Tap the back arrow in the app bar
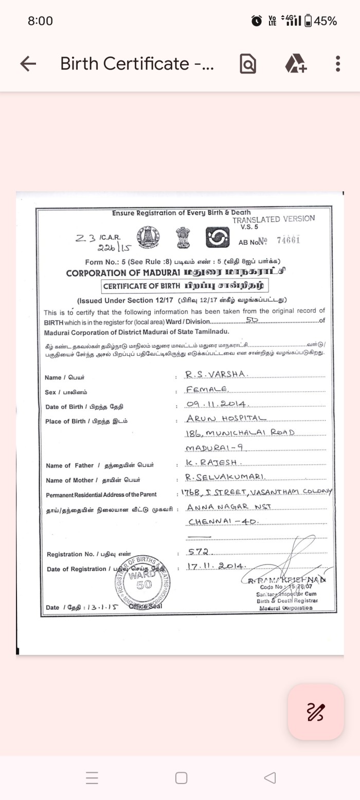[28, 64]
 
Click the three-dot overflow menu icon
[337, 64]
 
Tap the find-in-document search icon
[248, 64]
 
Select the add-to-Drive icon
[296, 64]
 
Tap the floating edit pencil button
[315, 712]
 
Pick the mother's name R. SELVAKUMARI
[225, 478]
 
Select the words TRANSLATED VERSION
[273, 219]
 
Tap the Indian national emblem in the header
[183, 237]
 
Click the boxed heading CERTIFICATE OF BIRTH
[185, 285]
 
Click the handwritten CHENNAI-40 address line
[222, 522]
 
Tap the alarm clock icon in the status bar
[256, 21]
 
